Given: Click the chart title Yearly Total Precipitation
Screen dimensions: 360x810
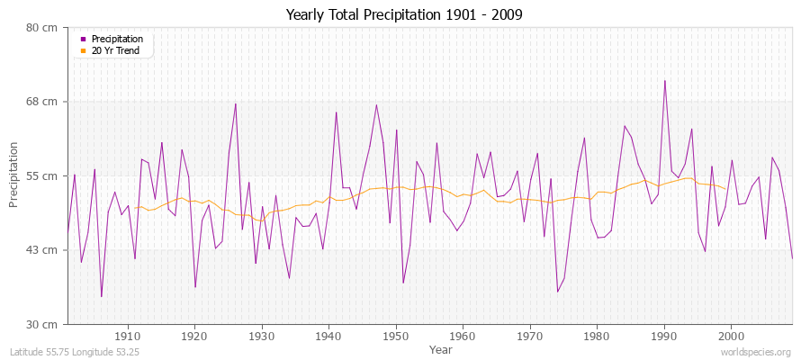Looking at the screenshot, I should [404, 14].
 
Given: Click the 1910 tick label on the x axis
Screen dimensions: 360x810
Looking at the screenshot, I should [128, 336].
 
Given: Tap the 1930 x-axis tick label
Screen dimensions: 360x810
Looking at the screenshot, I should [262, 336].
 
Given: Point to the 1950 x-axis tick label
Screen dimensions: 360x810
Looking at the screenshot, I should [396, 336].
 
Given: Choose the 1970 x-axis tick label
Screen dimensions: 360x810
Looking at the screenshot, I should [530, 336].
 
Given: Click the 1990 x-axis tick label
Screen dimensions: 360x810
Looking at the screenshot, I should [664, 336].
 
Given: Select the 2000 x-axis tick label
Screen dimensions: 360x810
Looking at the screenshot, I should [731, 336].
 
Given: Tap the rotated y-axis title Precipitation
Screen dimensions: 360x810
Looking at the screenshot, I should [13, 175].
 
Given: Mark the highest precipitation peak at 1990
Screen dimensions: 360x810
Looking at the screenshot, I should [665, 81].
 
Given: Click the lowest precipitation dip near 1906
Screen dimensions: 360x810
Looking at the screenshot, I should [102, 296].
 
